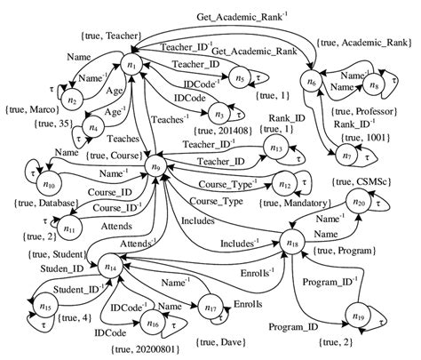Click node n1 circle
pyautogui.click(x=132, y=68)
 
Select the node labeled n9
pyautogui.click(x=157, y=165)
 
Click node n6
pyautogui.click(x=310, y=84)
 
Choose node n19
pyautogui.click(x=358, y=317)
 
